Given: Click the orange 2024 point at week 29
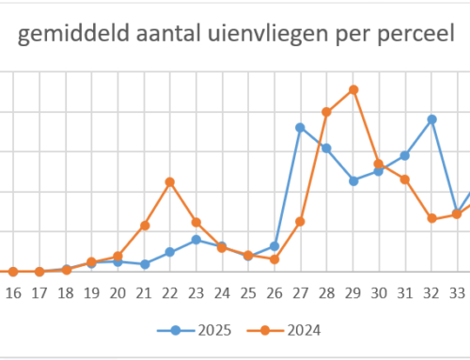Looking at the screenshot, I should tap(353, 90).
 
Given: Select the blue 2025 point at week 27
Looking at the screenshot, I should tap(300, 127).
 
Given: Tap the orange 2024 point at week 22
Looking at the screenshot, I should tap(170, 181).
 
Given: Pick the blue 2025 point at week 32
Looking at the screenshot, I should tap(431, 119).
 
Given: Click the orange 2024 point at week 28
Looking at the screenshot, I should tap(326, 112).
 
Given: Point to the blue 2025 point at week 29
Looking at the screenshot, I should tap(353, 180).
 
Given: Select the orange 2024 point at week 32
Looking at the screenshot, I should tap(431, 218).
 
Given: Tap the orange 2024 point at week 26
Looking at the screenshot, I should tap(274, 258).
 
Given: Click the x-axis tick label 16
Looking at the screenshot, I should tap(13, 293).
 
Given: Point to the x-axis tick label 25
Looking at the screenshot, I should tap(248, 293).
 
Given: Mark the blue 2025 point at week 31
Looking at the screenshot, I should tap(405, 155).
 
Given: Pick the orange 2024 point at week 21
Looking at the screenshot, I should tap(145, 226).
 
